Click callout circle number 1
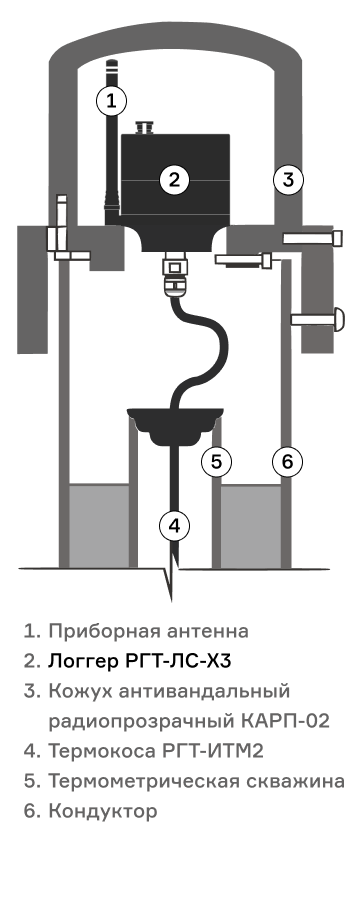(x=111, y=101)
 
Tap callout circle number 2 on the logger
(x=175, y=180)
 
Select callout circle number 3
(x=288, y=180)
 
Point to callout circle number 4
(x=175, y=526)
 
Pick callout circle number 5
(x=216, y=462)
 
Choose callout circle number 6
(x=287, y=462)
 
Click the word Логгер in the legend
(x=83, y=662)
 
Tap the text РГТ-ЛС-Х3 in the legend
(x=178, y=661)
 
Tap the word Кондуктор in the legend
(x=103, y=811)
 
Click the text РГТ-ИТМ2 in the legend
(x=213, y=751)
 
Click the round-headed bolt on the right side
(x=318, y=319)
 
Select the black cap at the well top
(x=175, y=426)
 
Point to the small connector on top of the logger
(x=144, y=127)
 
